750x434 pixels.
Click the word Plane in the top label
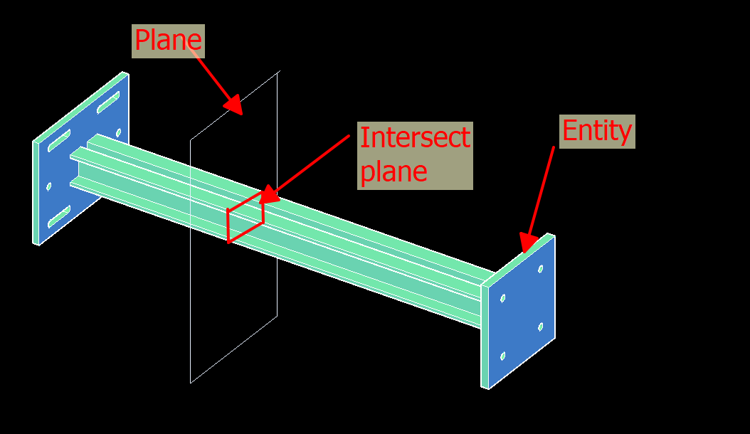169,41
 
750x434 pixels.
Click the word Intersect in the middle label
415,137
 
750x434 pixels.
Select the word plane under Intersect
394,172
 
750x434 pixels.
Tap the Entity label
597,131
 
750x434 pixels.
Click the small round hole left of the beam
48,187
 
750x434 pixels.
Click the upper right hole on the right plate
541,270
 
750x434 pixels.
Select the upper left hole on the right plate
502,298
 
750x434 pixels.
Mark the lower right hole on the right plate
541,327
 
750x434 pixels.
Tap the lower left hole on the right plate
502,356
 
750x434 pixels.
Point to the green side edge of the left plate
36,192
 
